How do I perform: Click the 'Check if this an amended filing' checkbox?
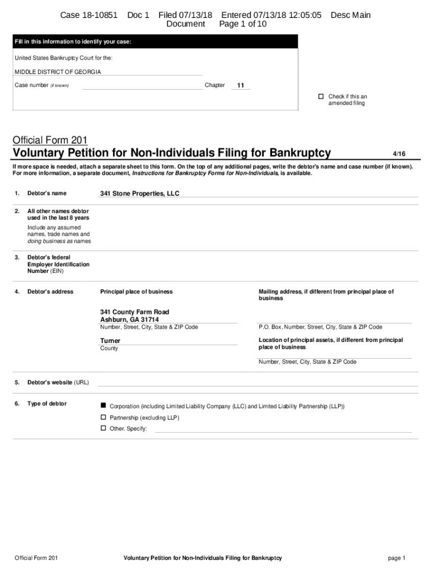coord(321,96)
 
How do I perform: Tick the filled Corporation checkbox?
coord(103,405)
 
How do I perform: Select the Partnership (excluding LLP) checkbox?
coord(103,417)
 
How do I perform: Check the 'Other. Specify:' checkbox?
coord(103,428)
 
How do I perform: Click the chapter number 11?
coord(241,86)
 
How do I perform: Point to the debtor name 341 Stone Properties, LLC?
coord(140,193)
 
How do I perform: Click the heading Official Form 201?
coord(50,140)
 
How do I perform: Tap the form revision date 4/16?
coord(399,154)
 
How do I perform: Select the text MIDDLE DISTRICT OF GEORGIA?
coord(58,72)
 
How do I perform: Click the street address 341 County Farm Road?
coord(134,312)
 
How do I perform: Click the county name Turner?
coord(110,341)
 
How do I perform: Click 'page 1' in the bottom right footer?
coord(396,558)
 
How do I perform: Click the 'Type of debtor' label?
coord(47,404)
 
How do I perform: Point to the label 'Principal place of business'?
coord(136,291)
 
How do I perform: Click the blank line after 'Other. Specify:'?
coord(283,429)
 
